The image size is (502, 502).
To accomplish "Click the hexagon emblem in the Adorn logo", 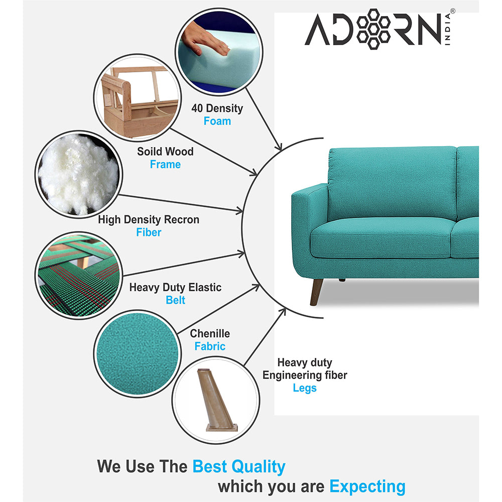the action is pyautogui.click(x=373, y=29).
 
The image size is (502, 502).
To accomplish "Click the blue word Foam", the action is pyautogui.click(x=217, y=121).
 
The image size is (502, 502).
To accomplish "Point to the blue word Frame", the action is pyautogui.click(x=165, y=164).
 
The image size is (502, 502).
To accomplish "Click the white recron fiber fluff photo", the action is pyautogui.click(x=78, y=175).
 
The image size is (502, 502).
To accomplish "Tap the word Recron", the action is pyautogui.click(x=182, y=219).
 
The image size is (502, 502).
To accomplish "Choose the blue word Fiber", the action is pyautogui.click(x=149, y=232).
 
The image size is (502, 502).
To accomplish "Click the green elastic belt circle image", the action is pyautogui.click(x=78, y=275).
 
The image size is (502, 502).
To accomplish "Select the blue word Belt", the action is pyautogui.click(x=175, y=300).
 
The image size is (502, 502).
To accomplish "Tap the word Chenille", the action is pyautogui.click(x=210, y=333).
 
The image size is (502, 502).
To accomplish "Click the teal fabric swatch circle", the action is pyautogui.click(x=138, y=353).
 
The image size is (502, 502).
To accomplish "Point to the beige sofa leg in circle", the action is pyautogui.click(x=216, y=400).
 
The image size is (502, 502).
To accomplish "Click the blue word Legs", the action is pyautogui.click(x=305, y=388).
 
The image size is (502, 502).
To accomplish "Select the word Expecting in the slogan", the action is pyautogui.click(x=367, y=486).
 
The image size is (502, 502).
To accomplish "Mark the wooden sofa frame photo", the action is pyautogui.click(x=138, y=98).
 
